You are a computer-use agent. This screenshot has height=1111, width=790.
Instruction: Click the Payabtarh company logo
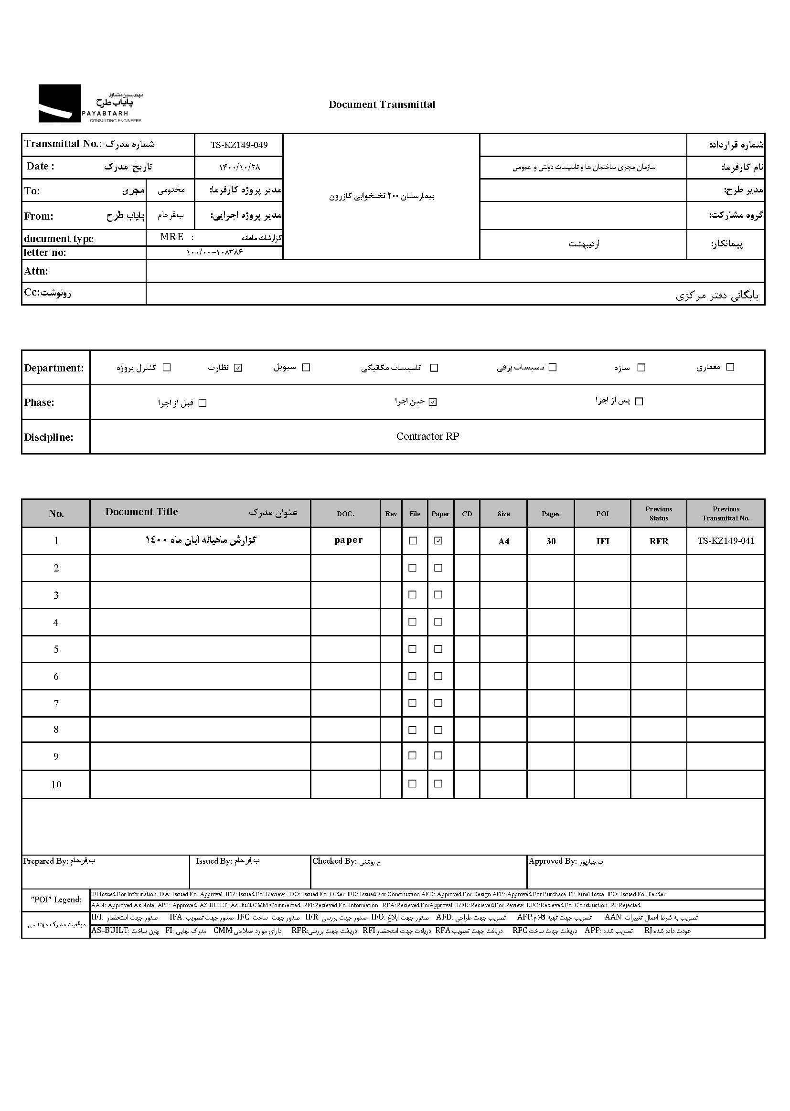[x=90, y=104]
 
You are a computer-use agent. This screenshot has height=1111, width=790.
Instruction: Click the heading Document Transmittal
[x=382, y=105]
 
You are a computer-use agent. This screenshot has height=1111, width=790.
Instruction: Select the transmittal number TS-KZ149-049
[x=239, y=145]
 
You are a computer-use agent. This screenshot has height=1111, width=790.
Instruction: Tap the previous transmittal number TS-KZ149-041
[x=726, y=540]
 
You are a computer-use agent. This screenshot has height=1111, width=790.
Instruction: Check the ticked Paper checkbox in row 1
[x=438, y=540]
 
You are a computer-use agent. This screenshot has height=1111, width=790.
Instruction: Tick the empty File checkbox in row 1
[x=413, y=540]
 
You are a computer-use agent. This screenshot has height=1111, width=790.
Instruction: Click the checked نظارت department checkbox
[x=238, y=368]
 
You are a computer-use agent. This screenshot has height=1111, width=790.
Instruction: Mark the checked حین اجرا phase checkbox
[x=433, y=402]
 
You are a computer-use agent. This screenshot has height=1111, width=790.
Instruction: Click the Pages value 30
[x=551, y=541]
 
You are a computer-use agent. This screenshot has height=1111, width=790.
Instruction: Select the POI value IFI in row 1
[x=603, y=541]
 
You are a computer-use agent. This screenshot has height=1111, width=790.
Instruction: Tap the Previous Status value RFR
[x=659, y=541]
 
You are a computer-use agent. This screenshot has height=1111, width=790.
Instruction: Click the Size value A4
[x=503, y=541]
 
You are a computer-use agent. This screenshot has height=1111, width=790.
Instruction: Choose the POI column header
[x=602, y=513]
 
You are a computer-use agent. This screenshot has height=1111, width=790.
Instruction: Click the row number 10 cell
[x=56, y=784]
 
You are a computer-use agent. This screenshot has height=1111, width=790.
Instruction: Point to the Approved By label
[x=552, y=861]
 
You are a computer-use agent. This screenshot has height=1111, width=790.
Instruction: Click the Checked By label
[x=334, y=861]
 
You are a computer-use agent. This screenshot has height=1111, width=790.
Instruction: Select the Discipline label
[x=49, y=437]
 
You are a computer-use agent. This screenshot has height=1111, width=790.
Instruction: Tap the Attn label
[x=36, y=271]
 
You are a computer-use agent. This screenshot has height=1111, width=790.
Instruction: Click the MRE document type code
[x=172, y=237]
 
